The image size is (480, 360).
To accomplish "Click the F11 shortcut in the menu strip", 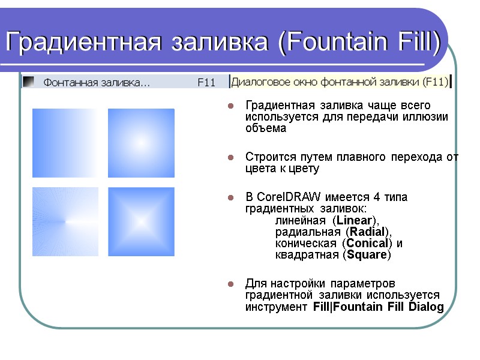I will pos(206,83).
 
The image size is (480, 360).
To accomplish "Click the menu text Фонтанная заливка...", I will pos(96,83).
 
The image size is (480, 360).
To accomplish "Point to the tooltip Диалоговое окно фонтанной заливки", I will pos(340,82).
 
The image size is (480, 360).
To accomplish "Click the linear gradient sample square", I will pos(65,142).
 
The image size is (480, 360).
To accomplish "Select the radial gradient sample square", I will pos(141,142).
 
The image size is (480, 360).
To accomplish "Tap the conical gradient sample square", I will pos(65,221).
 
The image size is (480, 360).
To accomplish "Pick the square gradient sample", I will pos(141,221).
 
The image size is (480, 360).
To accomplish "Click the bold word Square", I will pos(367,255).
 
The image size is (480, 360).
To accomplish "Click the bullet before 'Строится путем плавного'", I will pos(230,158).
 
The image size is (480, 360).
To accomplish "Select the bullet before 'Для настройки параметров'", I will pos(230,283).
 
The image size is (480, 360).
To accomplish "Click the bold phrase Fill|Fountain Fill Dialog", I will pos(379,307).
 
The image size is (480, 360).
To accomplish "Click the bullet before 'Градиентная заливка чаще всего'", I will pos(230,106).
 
